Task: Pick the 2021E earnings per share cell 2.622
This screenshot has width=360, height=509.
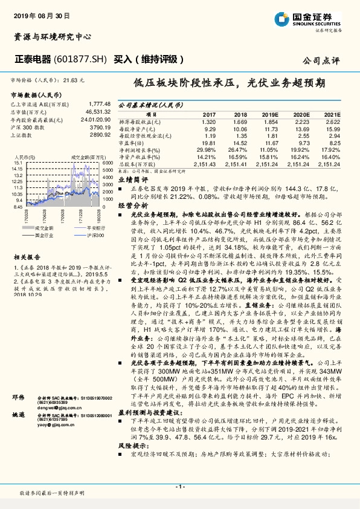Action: (x=332, y=122)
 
